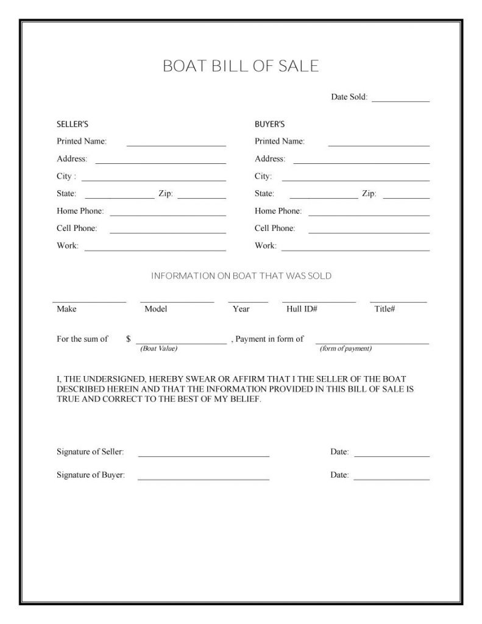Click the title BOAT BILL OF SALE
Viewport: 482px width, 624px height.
pos(241,66)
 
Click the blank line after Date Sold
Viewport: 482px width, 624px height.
pos(400,100)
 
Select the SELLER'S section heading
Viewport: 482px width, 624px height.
pos(73,124)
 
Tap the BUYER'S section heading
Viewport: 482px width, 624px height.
pos(270,124)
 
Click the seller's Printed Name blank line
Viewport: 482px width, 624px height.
pos(176,146)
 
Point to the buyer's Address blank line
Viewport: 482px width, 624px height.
pos(361,163)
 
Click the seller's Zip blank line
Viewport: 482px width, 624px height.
pos(202,198)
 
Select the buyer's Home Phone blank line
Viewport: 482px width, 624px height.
pos(369,215)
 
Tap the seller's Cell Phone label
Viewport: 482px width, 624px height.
pos(77,229)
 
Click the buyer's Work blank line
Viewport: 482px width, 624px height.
pos(355,250)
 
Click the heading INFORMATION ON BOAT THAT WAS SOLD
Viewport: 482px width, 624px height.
pos(241,276)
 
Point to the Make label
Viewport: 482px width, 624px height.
pos(66,309)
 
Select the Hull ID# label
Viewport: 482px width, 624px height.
pos(302,309)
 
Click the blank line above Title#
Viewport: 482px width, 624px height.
pos(398,302)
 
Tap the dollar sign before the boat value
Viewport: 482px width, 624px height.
pos(129,339)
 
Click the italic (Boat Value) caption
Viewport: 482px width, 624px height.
pos(158,349)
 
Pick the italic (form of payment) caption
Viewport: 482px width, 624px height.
pos(346,349)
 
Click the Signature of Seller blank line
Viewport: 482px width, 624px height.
pos(204,456)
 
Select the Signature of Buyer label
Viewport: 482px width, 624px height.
pos(91,475)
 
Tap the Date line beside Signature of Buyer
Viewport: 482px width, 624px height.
pos(391,479)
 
